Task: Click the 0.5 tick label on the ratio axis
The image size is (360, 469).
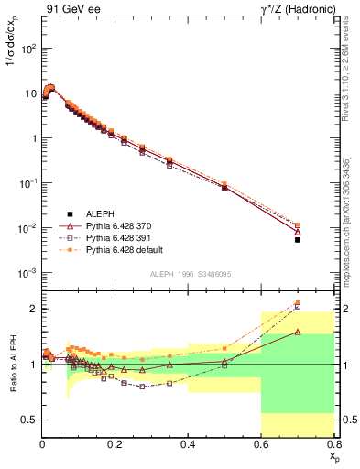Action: pyautogui.click(x=28, y=420)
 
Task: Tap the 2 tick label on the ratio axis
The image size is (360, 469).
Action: pyautogui.click(x=32, y=309)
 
